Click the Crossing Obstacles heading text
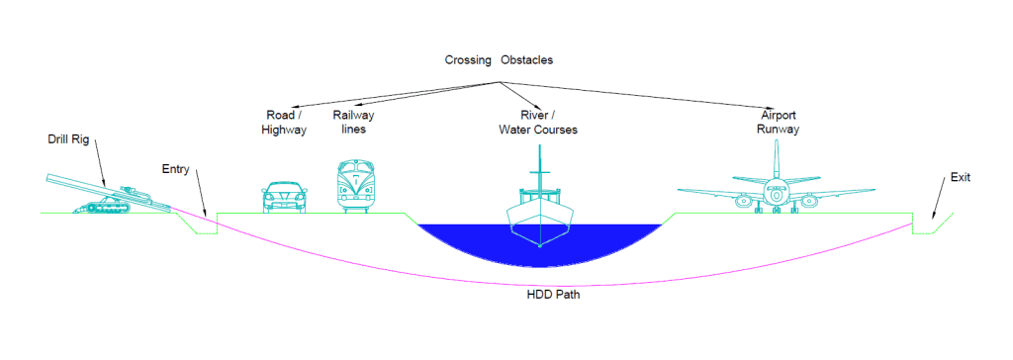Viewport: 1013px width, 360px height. (499, 60)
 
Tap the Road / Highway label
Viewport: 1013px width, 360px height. (285, 122)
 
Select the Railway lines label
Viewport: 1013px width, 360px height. (353, 122)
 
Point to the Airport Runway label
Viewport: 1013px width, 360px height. (777, 122)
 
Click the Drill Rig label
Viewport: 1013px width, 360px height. (67, 139)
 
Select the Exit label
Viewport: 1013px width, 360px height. (961, 177)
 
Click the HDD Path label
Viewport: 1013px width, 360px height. (554, 294)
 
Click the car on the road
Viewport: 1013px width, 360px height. (282, 196)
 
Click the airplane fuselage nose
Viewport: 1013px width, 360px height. (778, 193)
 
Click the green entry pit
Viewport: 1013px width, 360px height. (206, 231)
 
